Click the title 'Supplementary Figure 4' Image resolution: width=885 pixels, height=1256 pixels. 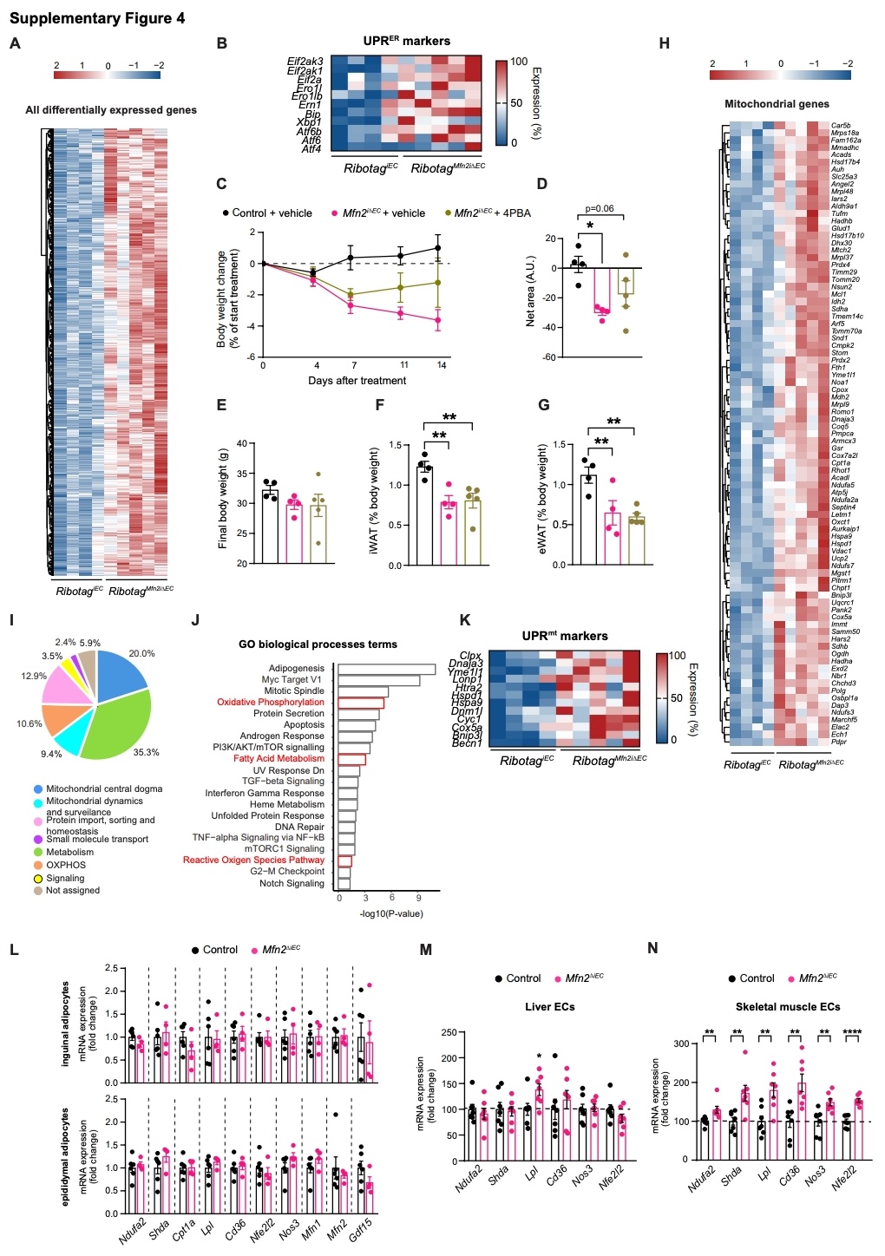[x=97, y=18]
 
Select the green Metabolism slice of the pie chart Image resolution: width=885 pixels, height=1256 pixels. [x=117, y=729]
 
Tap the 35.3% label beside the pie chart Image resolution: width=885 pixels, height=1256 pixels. [x=147, y=752]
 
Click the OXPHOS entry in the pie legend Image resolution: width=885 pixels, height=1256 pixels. [x=66, y=865]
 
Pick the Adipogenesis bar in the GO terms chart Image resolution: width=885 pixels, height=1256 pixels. [x=386, y=669]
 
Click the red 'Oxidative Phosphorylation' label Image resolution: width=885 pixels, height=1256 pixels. [x=271, y=703]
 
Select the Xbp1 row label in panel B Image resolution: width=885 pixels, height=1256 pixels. [x=309, y=122]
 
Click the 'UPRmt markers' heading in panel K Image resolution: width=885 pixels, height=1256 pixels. [x=565, y=636]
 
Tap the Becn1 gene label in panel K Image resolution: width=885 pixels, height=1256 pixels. [x=467, y=743]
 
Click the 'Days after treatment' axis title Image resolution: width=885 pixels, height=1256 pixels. [x=357, y=381]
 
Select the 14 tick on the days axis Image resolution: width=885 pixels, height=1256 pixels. [x=442, y=365]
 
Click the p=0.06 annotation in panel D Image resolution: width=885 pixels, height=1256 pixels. [x=600, y=209]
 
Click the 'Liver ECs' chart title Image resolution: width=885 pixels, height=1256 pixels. [x=550, y=1007]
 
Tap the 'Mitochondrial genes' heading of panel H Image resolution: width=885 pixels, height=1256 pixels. [x=777, y=104]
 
